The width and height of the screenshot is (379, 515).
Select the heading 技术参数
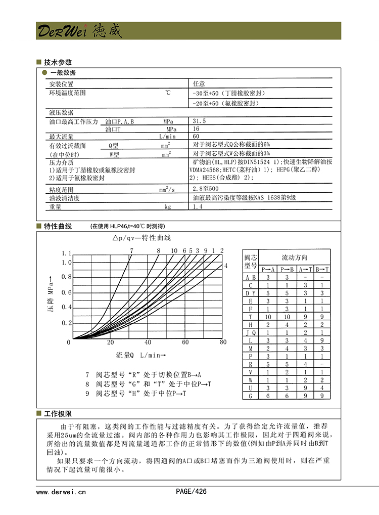58,63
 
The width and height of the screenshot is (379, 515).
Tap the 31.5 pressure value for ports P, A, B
200,122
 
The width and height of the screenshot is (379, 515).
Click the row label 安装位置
61,84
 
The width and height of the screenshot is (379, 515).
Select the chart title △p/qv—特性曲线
142,237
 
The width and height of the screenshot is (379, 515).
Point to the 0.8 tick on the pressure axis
67,277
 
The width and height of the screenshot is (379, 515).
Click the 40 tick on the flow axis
148,343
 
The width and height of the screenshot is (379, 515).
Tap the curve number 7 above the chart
131,250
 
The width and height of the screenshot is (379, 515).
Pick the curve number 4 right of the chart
226,266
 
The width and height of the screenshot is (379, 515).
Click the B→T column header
322,269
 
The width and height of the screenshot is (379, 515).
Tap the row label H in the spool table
251,324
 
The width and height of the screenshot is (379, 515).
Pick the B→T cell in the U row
322,388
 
